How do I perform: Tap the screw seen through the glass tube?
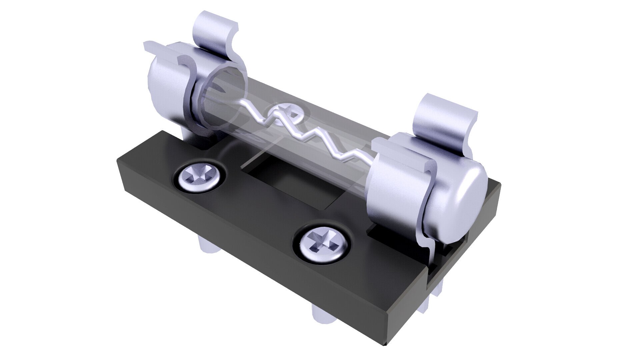283,115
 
